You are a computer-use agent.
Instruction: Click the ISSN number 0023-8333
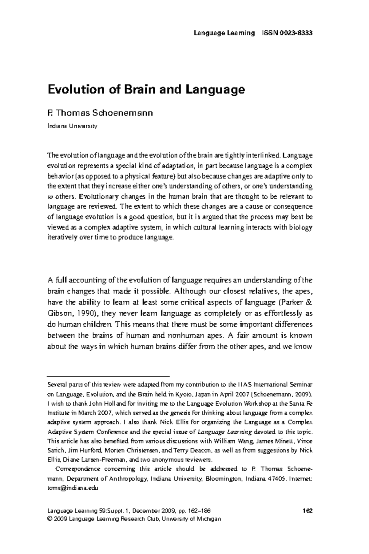[x=296, y=33]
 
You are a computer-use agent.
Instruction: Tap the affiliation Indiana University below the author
[x=72, y=126]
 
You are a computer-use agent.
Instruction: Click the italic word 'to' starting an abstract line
[x=50, y=197]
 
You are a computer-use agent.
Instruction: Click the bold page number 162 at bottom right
[x=307, y=511]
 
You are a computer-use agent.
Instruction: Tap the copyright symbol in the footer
[x=50, y=519]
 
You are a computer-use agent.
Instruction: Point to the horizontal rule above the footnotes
[x=108, y=376]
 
